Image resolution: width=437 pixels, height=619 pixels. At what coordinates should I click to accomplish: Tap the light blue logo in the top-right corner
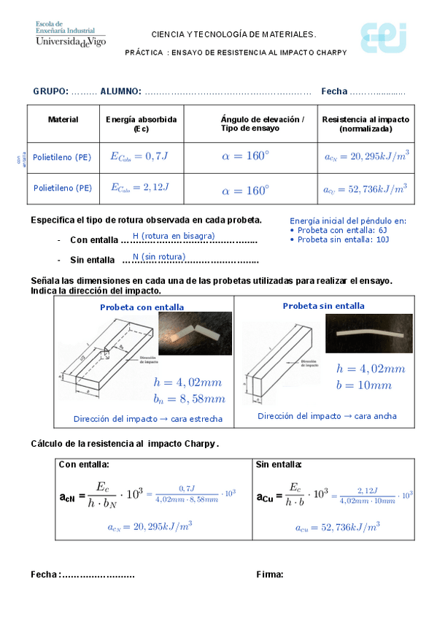(382, 37)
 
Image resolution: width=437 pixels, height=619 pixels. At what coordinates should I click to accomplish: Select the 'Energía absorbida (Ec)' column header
(141, 123)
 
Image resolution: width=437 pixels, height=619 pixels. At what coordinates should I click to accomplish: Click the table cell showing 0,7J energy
(140, 155)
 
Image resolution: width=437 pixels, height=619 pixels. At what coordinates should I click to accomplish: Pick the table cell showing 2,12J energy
(140, 188)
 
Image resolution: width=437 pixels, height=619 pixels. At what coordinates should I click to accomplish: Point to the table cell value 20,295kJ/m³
(366, 155)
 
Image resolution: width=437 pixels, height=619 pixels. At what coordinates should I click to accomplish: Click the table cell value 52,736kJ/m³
(366, 188)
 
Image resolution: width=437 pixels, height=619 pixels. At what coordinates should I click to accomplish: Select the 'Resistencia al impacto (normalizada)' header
(366, 123)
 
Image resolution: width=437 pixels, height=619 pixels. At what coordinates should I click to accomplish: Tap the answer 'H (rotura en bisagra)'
(174, 236)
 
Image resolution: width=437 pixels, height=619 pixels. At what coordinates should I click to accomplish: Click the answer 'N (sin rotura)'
(158, 256)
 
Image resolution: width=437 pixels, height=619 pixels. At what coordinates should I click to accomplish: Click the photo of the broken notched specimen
(195, 334)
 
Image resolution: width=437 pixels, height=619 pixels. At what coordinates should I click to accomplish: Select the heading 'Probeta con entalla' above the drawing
(142, 307)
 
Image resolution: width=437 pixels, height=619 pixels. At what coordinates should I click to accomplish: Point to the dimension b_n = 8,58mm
(189, 399)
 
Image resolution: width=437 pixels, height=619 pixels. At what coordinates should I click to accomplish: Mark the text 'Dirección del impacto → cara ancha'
(327, 416)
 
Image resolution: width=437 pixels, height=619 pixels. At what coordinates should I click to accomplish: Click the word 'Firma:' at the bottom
(270, 574)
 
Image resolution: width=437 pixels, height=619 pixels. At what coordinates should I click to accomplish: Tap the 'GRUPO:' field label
(50, 91)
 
